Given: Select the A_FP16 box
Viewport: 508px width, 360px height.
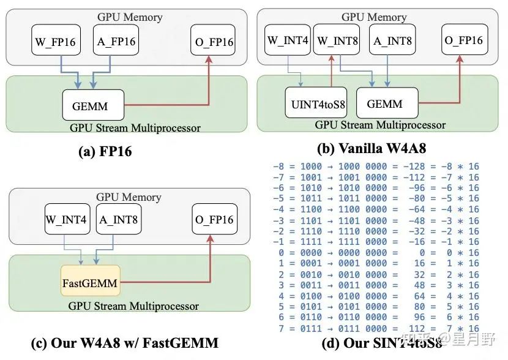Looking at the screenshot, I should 115,42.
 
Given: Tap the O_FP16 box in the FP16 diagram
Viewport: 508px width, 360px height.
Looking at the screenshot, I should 213,42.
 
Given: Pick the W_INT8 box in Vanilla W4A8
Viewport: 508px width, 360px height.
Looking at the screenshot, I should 336,41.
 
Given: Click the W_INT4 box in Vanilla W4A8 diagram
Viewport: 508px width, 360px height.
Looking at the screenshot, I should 288,41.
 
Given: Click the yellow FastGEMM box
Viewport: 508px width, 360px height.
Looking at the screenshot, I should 90,284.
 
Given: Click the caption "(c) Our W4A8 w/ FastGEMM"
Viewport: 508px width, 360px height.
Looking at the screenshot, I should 124,343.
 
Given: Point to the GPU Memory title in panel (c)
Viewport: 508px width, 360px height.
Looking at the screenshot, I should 129,197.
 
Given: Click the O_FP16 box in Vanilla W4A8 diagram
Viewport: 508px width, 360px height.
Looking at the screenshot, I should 463,41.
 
